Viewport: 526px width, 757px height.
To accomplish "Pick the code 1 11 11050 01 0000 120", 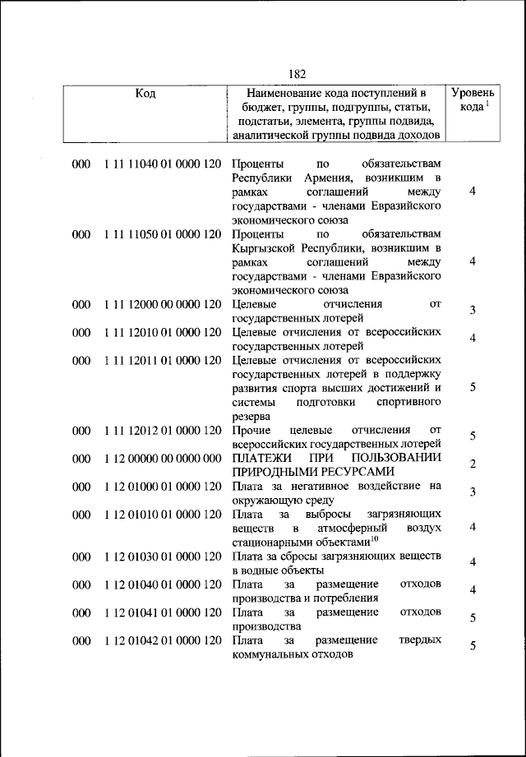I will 162,234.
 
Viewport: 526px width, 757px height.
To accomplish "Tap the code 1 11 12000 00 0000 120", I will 162,304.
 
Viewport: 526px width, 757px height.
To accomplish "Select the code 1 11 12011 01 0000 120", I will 162,360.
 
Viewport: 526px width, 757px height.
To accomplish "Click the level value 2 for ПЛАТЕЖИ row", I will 473,465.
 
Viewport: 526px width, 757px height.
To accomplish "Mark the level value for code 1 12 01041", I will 473,618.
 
